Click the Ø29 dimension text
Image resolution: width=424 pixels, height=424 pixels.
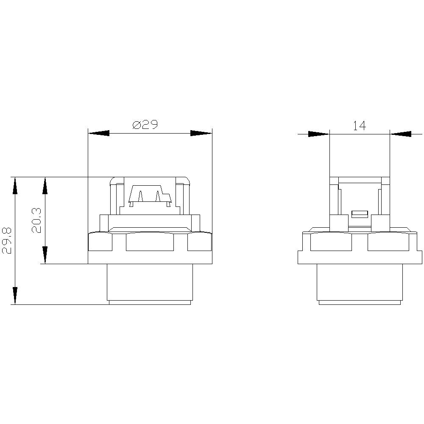[145, 125]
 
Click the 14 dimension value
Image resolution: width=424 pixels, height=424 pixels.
[359, 126]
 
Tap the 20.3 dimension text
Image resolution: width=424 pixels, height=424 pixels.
[37, 220]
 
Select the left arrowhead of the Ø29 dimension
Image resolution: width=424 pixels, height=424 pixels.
[98, 133]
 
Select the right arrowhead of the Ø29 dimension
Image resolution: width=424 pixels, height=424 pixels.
[201, 133]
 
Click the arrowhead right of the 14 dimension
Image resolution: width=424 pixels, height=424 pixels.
[401, 134]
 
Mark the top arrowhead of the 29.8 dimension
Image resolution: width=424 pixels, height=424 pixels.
[15, 187]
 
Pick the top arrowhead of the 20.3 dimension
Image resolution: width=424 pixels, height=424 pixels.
[45, 187]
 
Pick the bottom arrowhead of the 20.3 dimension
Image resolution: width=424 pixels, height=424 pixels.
[45, 254]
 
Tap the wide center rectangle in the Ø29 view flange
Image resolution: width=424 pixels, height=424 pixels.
[150, 243]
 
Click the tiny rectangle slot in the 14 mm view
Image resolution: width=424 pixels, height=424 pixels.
[359, 214]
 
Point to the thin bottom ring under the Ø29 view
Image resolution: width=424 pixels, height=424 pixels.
[150, 302]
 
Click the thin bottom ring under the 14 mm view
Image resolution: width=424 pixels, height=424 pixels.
[359, 302]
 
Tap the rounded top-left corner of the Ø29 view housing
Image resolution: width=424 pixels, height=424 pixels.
[113, 180]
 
